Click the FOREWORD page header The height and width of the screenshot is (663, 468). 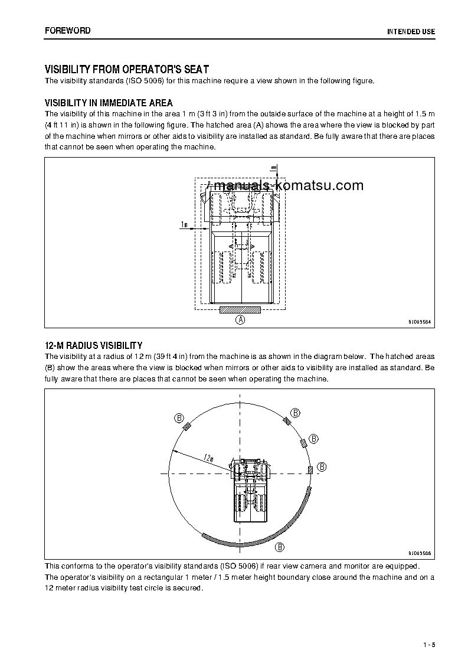point(67,30)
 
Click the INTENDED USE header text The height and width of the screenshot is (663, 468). point(411,31)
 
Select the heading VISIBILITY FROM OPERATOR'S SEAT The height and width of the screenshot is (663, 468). point(127,69)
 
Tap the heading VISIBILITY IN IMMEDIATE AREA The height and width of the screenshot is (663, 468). point(109,103)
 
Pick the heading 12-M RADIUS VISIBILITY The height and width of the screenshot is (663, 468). point(93,345)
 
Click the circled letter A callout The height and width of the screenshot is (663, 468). point(240,319)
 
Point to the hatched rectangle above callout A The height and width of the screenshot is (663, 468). point(240,309)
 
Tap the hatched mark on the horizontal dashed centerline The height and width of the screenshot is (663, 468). point(310,469)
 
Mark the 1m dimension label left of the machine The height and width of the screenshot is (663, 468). point(184,224)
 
